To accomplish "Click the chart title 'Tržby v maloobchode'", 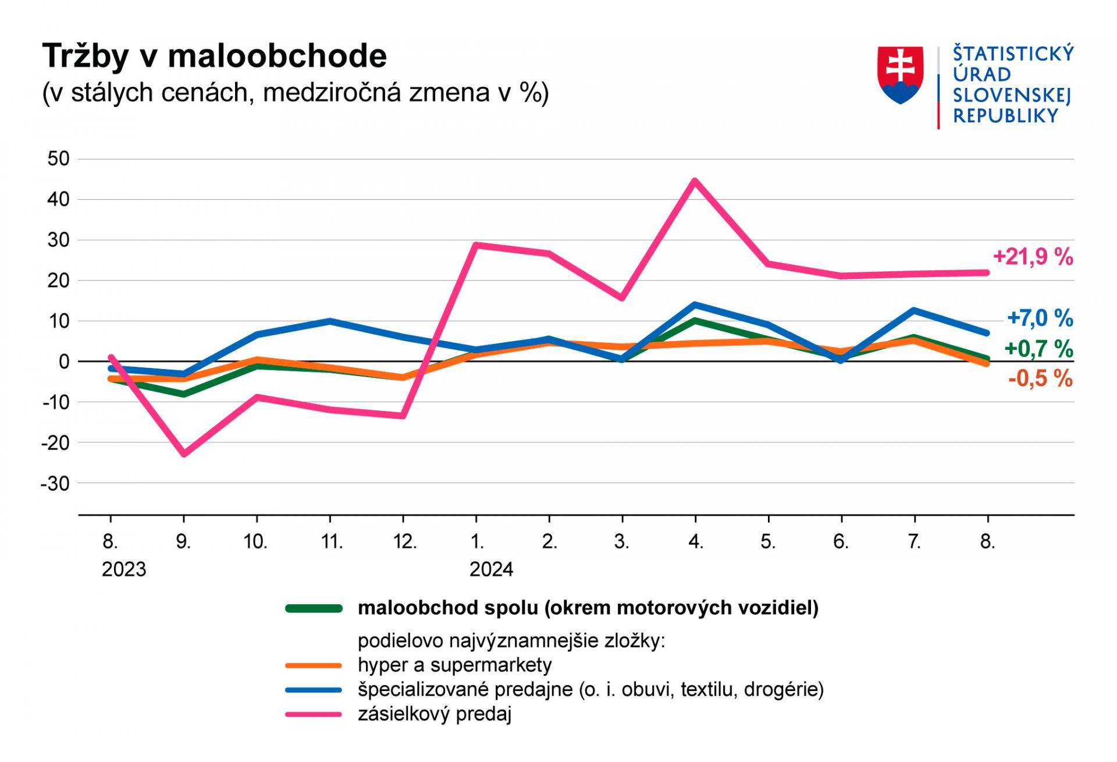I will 214,56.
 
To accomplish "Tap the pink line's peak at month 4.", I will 695,180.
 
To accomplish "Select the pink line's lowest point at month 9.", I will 184,453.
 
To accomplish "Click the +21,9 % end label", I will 1033,257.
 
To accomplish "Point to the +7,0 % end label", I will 1040,318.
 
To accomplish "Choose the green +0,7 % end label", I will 1038,349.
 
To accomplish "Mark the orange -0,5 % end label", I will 1040,379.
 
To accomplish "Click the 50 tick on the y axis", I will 58,159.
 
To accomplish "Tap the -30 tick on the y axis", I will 55,483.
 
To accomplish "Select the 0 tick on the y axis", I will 64,361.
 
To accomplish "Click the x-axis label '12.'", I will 404,542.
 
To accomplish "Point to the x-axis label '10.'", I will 255,542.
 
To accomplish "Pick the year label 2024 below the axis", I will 491,569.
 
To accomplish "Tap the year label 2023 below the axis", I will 124,569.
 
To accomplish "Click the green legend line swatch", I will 314,608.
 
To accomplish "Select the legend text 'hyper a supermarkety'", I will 454,665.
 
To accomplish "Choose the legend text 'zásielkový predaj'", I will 434,714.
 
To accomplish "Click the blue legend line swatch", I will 314,690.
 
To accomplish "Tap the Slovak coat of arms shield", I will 900,75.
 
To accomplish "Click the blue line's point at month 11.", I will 330,321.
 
